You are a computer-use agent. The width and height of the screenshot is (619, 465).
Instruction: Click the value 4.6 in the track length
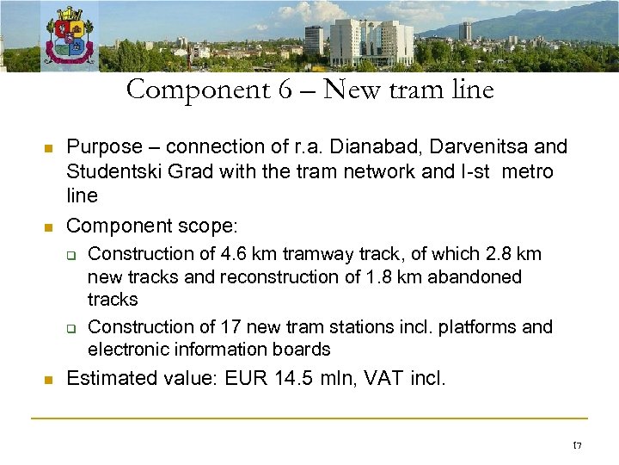(x=231, y=254)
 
